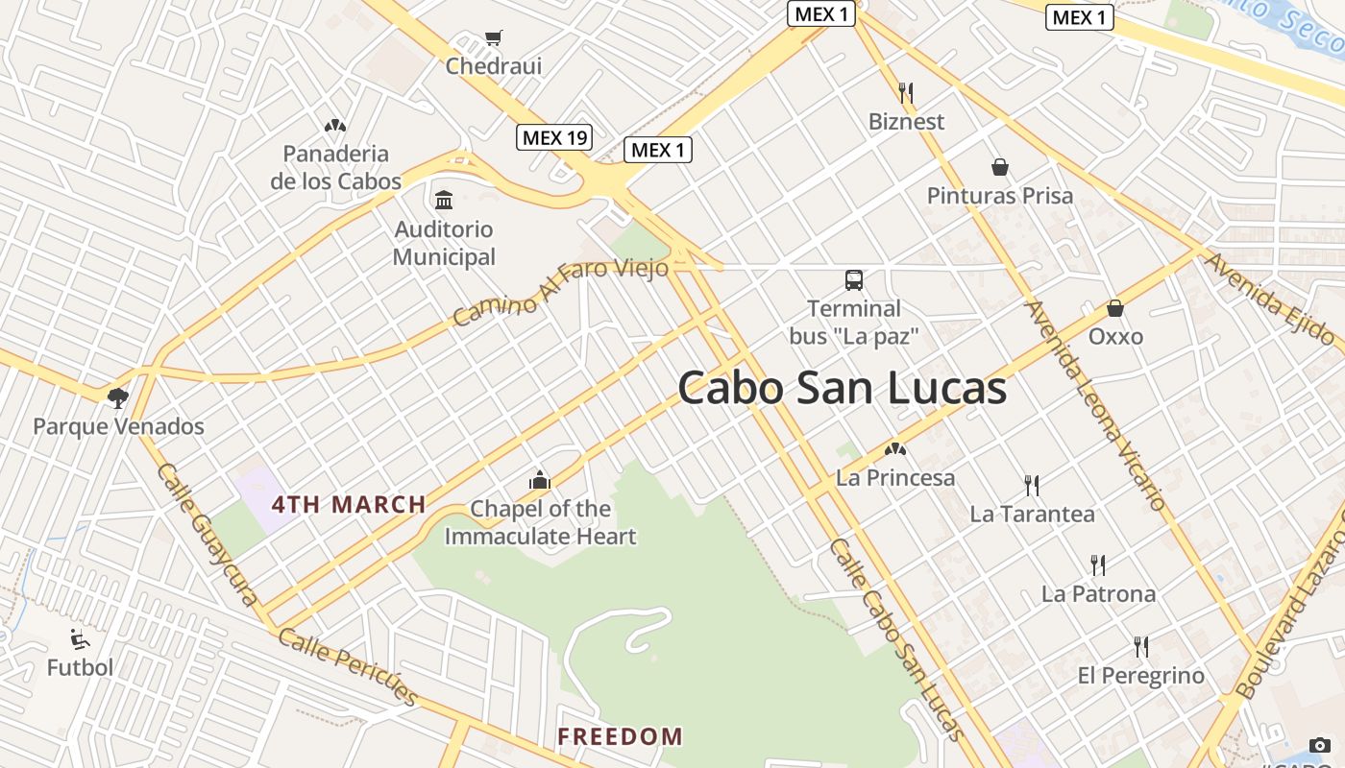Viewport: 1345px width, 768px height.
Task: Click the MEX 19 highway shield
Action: coord(554,137)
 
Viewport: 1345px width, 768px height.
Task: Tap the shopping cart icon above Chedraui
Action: coord(494,38)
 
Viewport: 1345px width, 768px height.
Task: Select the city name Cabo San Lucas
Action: coord(842,389)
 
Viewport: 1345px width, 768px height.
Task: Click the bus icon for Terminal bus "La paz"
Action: coord(854,280)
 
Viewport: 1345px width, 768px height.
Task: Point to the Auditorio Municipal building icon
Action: coord(444,201)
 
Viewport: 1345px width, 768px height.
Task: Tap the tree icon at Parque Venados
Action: coord(118,397)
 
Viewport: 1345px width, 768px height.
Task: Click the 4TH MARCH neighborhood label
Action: coord(349,505)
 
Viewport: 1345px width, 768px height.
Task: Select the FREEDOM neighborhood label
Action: coord(621,737)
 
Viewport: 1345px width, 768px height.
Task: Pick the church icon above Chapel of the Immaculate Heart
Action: coord(540,480)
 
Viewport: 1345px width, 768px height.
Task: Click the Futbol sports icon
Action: coord(81,639)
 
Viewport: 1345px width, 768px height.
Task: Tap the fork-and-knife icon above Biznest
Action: coord(906,93)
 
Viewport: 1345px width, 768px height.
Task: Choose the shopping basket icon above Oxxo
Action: coord(1115,308)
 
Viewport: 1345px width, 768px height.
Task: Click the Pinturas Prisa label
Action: coord(999,196)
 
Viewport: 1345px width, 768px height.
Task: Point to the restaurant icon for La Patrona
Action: coord(1098,565)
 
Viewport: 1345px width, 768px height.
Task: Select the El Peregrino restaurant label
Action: coord(1140,676)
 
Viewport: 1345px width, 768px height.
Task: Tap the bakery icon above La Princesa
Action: coord(895,448)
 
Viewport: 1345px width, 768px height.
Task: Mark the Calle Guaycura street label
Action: coord(208,534)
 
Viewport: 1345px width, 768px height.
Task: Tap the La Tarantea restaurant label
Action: coord(1032,514)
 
